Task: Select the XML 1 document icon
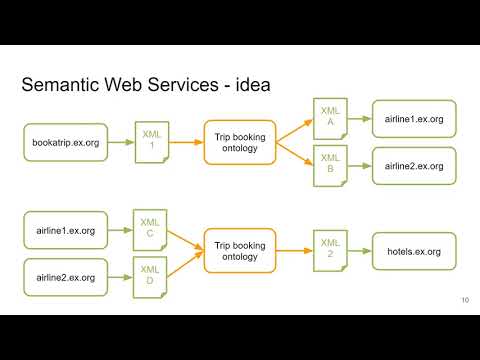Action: [150, 141]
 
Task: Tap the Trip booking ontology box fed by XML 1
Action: [239, 142]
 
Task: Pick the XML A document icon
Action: [329, 115]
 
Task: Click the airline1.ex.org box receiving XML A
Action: [413, 119]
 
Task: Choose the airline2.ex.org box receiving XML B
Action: [413, 166]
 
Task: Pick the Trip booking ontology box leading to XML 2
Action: [239, 251]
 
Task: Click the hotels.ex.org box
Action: [413, 251]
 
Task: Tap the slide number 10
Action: [465, 300]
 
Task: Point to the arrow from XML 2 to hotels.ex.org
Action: [357, 251]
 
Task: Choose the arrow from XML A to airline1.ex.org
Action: [358, 119]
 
